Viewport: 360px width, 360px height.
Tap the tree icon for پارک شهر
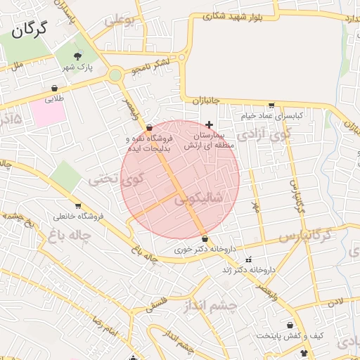(x=77, y=56)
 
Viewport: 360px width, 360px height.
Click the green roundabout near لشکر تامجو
(x=115, y=75)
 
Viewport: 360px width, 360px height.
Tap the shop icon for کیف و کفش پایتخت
(x=304, y=352)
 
